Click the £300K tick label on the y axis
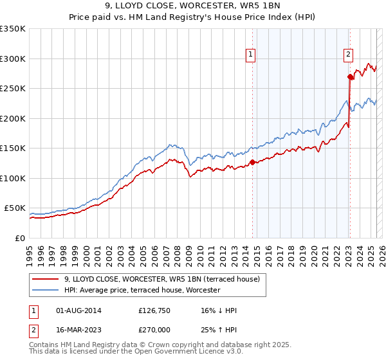coord(12,59)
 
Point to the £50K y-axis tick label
coord(15,208)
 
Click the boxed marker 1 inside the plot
coord(250,55)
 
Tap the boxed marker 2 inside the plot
coord(348,55)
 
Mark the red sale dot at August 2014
coord(252,162)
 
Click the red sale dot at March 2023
coord(350,76)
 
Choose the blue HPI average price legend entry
coord(142,291)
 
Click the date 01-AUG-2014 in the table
coord(78,310)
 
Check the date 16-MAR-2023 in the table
coord(78,330)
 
